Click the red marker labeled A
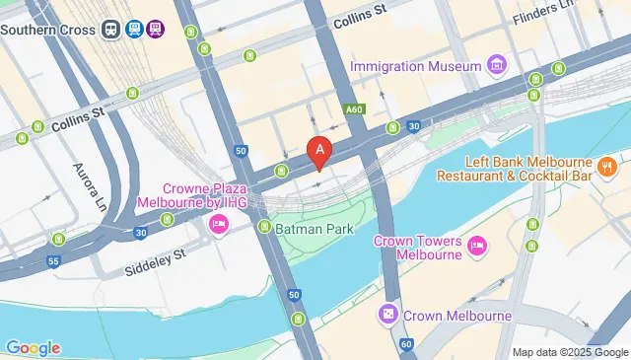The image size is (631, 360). pos(319,152)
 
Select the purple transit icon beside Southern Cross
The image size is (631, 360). pos(155,29)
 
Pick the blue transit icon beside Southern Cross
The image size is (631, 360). pos(132,29)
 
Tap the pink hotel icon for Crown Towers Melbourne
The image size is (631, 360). pos(476,245)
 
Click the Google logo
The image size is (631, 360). pos(33,347)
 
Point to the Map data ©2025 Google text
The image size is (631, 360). pos(570,352)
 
